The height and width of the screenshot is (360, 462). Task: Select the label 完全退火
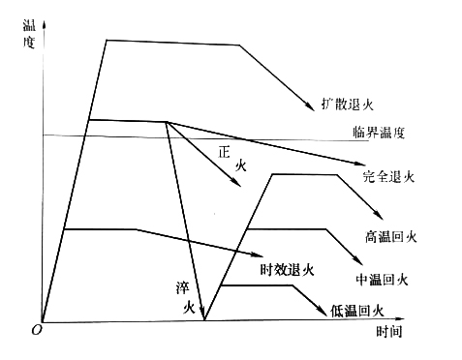click(x=388, y=177)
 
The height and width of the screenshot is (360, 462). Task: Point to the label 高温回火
click(x=390, y=236)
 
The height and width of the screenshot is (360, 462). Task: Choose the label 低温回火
click(x=358, y=311)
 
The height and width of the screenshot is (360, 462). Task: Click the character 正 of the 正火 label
click(x=225, y=151)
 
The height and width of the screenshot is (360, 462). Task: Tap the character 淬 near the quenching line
click(x=181, y=288)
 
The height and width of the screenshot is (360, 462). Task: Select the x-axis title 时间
click(x=388, y=331)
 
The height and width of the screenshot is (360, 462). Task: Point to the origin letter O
click(x=36, y=329)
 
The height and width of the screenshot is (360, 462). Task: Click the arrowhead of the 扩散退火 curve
click(x=311, y=106)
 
